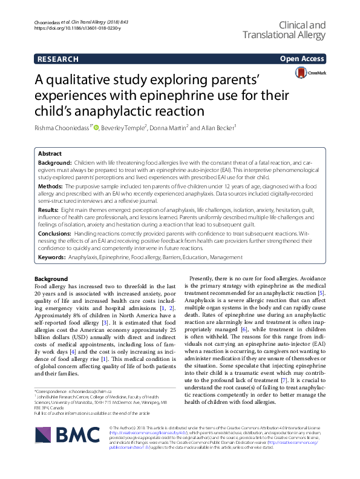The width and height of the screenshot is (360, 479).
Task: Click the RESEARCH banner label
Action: coord(57,59)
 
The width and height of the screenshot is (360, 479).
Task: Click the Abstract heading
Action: coord(50,154)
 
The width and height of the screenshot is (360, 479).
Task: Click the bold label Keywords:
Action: coord(54,257)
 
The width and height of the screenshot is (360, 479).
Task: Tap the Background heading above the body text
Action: coord(51,278)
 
